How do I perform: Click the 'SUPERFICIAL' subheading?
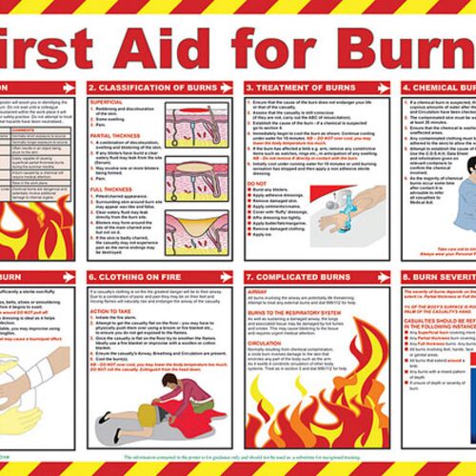point(108,100)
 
